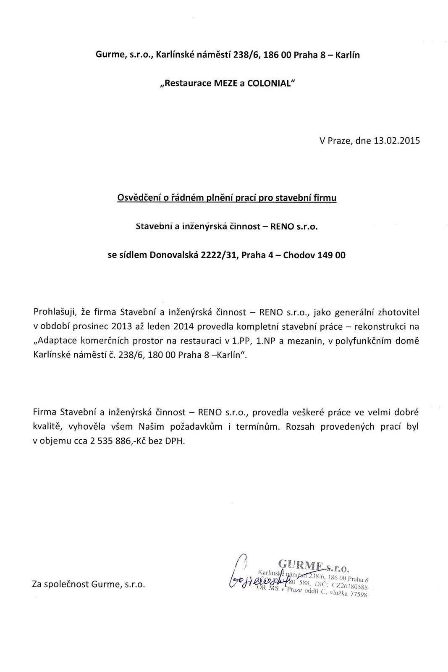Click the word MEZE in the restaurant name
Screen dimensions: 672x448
click(226, 83)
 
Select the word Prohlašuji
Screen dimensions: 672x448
click(55, 312)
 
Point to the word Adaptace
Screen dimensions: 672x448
click(55, 341)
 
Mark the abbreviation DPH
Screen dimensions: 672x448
click(176, 441)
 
